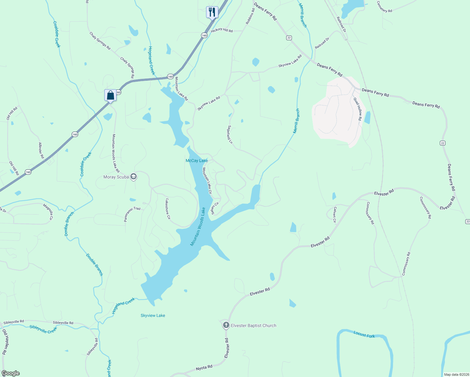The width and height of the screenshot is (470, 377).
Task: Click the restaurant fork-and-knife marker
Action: tap(212, 12)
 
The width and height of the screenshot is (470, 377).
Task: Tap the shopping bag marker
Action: tap(110, 95)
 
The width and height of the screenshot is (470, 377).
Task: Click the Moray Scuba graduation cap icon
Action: tap(134, 177)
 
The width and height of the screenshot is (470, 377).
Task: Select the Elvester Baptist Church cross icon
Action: tap(226, 325)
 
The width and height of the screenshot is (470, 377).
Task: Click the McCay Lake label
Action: tap(197, 161)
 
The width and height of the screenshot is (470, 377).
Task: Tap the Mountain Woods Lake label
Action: tap(198, 227)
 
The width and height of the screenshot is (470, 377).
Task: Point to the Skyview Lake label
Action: tap(153, 315)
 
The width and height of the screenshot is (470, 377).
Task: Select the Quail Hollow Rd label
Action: tap(358, 109)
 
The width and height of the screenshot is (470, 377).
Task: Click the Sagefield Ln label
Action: tap(230, 135)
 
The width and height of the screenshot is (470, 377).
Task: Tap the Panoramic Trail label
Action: tap(132, 214)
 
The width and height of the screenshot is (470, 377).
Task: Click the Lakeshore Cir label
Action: tap(168, 209)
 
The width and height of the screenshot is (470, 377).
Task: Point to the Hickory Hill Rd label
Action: tap(222, 30)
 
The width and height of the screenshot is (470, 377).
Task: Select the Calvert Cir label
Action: tap(335, 215)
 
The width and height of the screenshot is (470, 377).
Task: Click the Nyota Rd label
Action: tap(204, 367)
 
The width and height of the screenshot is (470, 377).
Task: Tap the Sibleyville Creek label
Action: tap(43, 329)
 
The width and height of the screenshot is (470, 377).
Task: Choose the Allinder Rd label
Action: tap(41, 150)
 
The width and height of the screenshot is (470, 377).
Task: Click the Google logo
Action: tap(10, 373)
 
